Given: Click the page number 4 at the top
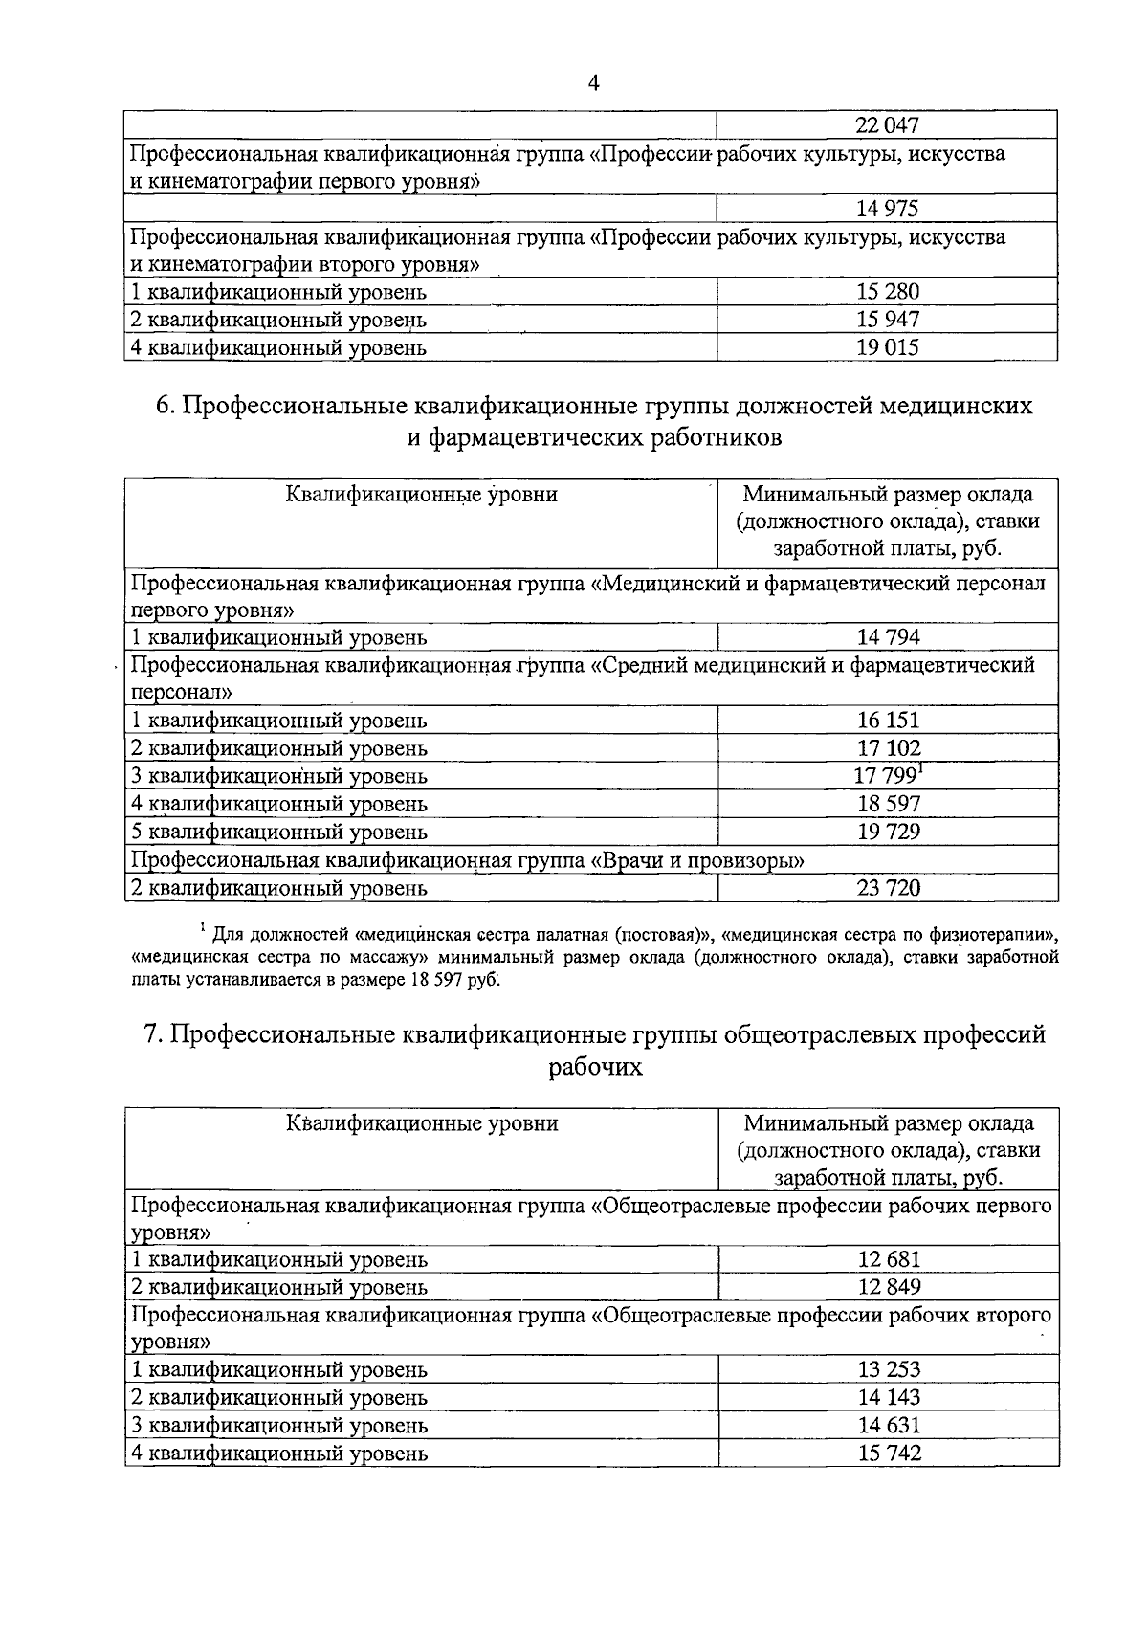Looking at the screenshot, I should pos(593,83).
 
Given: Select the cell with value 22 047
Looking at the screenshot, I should pos(887,125).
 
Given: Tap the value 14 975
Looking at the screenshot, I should pos(887,209).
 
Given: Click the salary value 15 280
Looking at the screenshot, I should pos(887,292).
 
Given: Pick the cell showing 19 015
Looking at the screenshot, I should pos(887,347).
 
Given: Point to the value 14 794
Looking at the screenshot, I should pos(887,637).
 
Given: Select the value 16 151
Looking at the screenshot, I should pos(887,721).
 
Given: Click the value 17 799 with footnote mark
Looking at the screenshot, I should pos(885,776).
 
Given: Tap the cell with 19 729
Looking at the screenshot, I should pos(887,832).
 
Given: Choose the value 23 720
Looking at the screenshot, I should pos(887,888).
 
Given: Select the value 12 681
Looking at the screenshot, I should pos(887,1259).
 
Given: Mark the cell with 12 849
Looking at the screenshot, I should pos(887,1287).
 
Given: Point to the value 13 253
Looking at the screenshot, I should pos(887,1370).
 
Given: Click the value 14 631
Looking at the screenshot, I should pos(887,1426).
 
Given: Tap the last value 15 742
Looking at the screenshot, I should pos(887,1454).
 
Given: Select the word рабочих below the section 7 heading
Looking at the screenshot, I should pos(595,1067).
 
